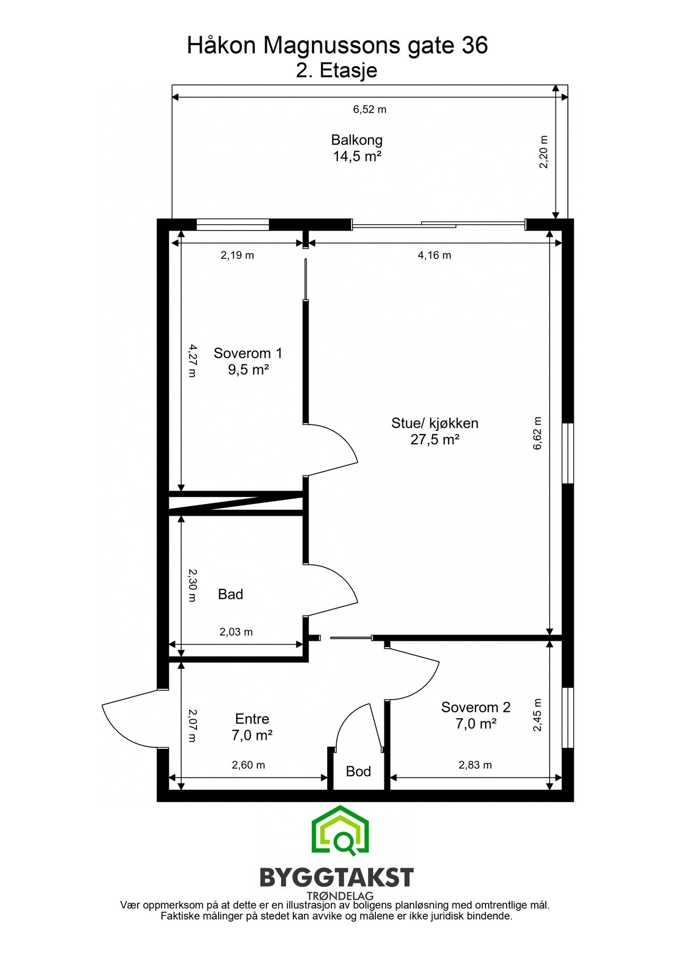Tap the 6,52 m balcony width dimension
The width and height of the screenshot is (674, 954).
pyautogui.click(x=370, y=110)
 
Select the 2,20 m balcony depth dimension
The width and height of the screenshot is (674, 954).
pyautogui.click(x=543, y=152)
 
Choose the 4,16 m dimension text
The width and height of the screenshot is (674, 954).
pyautogui.click(x=435, y=255)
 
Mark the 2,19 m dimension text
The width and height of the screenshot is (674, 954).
pyautogui.click(x=237, y=255)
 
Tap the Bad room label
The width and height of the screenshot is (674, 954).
pyautogui.click(x=230, y=594)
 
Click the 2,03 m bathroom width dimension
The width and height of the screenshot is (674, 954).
pyautogui.click(x=236, y=632)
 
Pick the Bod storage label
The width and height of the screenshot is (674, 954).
pyautogui.click(x=358, y=771)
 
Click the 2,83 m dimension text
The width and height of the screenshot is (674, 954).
pyautogui.click(x=475, y=765)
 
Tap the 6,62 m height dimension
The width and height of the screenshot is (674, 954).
pyautogui.click(x=538, y=433)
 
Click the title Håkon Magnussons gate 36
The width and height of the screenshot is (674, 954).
pyautogui.click(x=337, y=46)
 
